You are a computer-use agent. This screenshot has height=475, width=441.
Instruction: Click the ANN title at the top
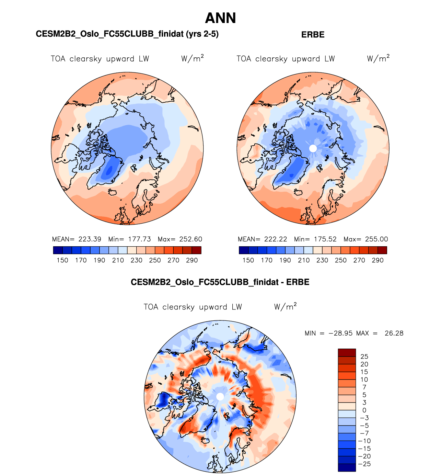pyautogui.click(x=220, y=18)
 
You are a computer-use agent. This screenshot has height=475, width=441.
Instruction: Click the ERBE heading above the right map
pyautogui.click(x=313, y=35)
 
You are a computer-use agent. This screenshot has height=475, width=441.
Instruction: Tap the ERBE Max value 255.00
pyautogui.click(x=376, y=239)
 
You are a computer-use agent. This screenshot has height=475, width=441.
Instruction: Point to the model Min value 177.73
pyautogui.click(x=139, y=239)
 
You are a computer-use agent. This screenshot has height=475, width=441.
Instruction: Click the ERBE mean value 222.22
pyautogui.click(x=276, y=239)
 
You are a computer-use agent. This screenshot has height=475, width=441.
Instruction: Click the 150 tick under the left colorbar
pyautogui.click(x=62, y=260)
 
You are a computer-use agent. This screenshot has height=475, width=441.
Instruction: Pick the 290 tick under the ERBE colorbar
pyautogui.click(x=378, y=260)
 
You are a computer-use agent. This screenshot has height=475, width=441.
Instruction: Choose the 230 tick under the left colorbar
pyautogui.click(x=136, y=260)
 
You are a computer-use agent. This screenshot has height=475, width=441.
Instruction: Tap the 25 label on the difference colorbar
pyautogui.click(x=364, y=357)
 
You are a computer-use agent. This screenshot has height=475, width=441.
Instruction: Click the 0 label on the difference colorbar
pyautogui.click(x=364, y=410)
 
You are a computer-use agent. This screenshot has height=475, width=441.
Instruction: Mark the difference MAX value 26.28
pyautogui.click(x=394, y=333)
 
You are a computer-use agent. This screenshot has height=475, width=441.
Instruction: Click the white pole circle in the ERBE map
pyautogui.click(x=313, y=148)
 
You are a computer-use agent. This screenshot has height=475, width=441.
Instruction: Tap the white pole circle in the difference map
pyautogui.click(x=220, y=397)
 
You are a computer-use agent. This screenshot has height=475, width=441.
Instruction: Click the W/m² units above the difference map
pyautogui.click(x=285, y=307)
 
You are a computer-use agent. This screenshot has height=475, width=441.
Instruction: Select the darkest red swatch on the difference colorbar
pyautogui.click(x=347, y=353)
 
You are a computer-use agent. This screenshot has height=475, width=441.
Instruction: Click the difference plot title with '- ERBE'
pyautogui.click(x=220, y=282)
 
